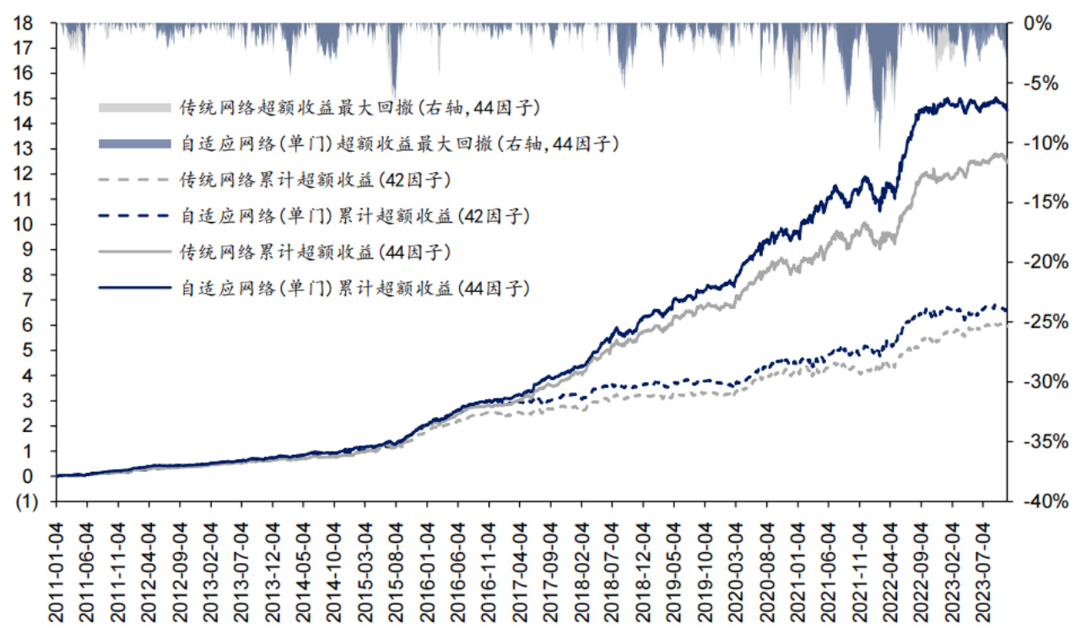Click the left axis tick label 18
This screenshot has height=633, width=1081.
23,23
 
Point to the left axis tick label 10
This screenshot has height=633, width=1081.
23,225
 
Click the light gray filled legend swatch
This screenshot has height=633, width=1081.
135,108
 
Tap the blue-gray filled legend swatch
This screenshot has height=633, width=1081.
135,144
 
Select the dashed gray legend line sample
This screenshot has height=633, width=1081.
135,180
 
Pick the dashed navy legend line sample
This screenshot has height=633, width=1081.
135,216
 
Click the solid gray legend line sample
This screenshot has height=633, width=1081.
135,252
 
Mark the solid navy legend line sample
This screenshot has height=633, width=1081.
135,288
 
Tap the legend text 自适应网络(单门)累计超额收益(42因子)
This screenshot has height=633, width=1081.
354,216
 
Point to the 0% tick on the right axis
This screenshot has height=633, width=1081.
1039,24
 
